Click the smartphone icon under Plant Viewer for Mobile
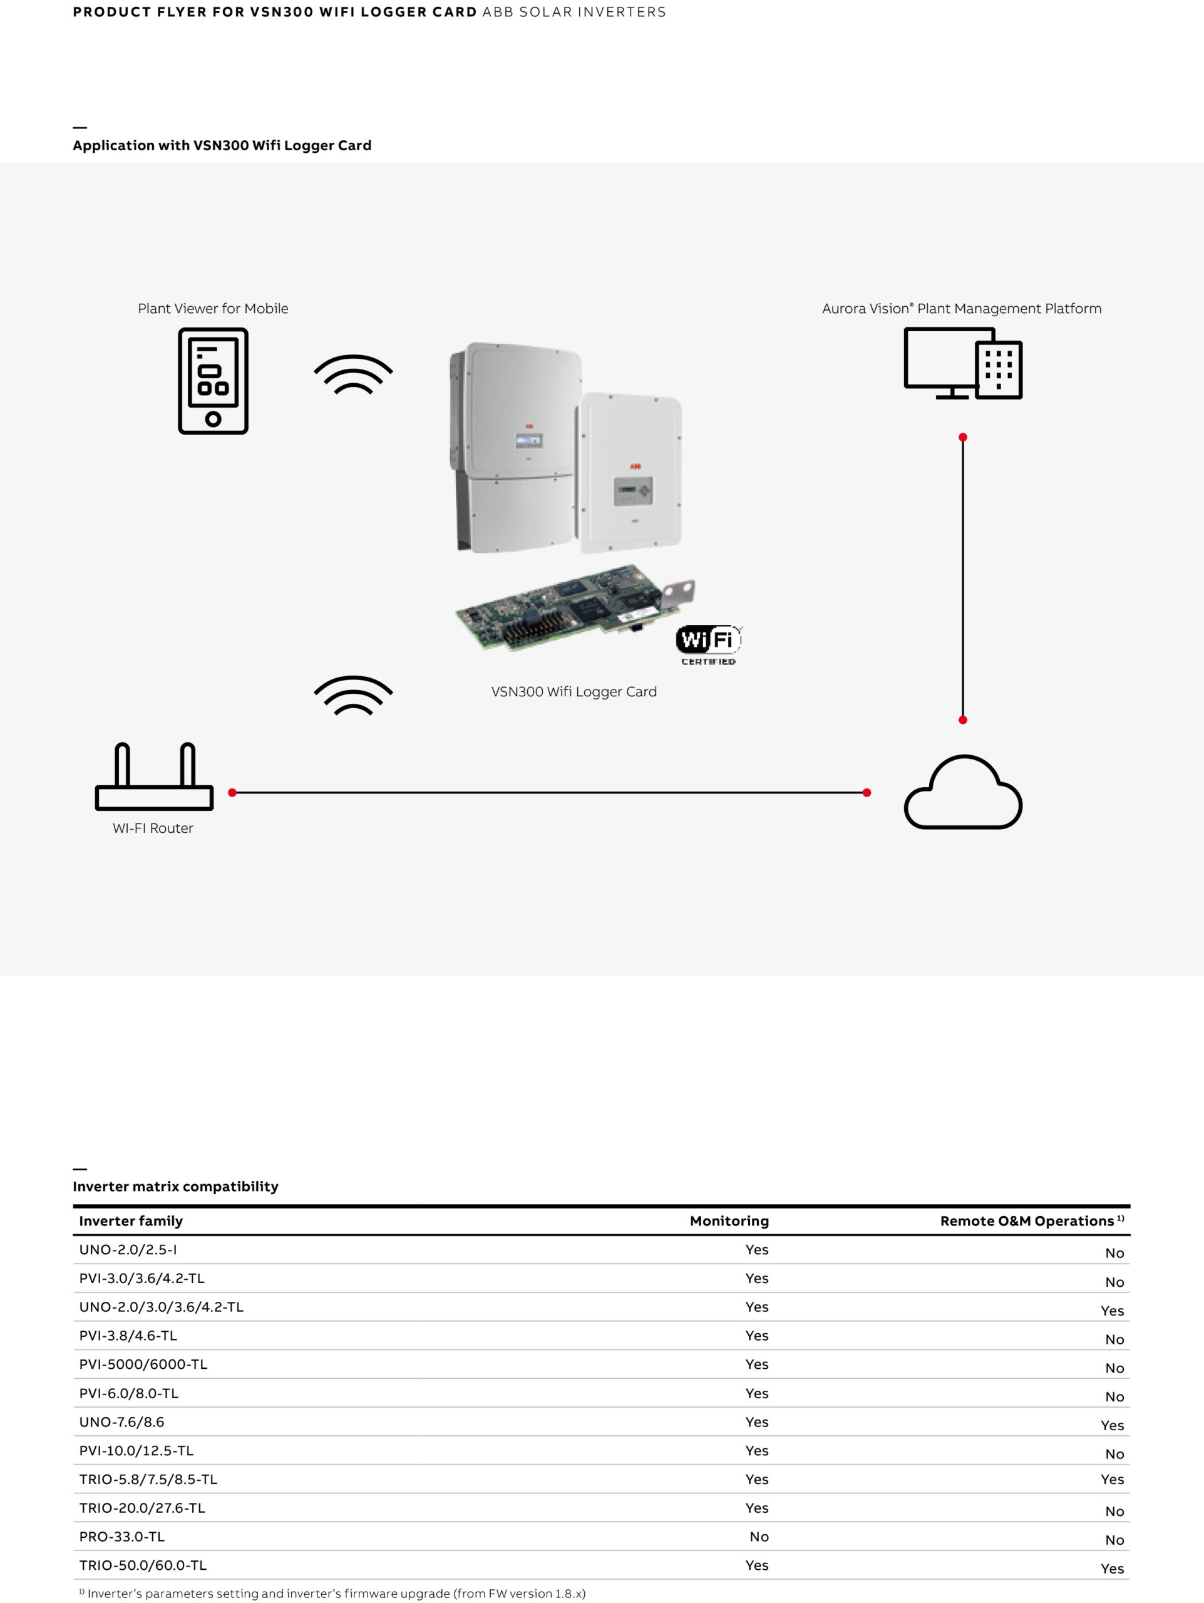point(213,381)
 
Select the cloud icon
point(963,791)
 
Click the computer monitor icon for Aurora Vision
point(963,363)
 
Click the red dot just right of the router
point(232,793)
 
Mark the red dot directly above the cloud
point(963,719)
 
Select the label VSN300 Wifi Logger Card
point(574,691)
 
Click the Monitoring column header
point(729,1220)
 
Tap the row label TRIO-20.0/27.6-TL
point(142,1507)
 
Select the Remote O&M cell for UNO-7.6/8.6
point(1112,1425)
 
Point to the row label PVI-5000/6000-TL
point(143,1364)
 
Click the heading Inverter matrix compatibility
point(175,1187)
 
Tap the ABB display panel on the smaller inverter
point(633,491)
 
